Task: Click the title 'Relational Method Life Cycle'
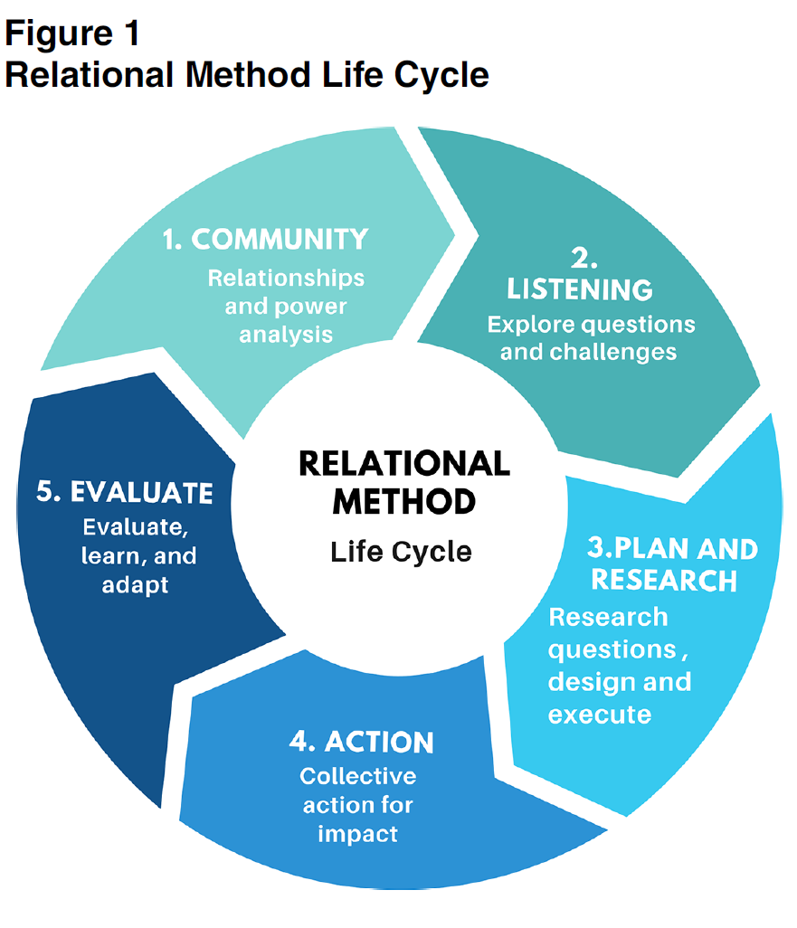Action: [246, 74]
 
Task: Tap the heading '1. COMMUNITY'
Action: [266, 239]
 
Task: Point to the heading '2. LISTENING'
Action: [580, 274]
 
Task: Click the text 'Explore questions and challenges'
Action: [591, 337]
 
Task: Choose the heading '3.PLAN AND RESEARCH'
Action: [665, 563]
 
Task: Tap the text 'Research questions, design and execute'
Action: [620, 665]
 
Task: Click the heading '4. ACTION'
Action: [362, 742]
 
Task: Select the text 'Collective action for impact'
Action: [358, 804]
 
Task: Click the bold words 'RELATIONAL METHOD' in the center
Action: [403, 482]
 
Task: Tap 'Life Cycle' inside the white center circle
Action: [401, 551]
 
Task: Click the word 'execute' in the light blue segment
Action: [600, 714]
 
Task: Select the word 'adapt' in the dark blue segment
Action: [136, 584]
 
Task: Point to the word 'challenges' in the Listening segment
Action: [589, 351]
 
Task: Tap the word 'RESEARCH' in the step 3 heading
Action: [665, 580]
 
